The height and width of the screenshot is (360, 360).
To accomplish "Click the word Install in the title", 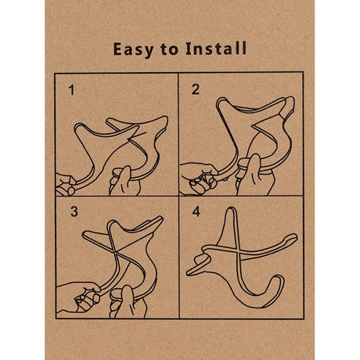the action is [x=216, y=49].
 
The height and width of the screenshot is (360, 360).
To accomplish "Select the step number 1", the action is [x=71, y=90].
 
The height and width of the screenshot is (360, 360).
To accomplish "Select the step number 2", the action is [x=196, y=89].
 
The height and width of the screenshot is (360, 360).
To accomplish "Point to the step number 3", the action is [x=74, y=211].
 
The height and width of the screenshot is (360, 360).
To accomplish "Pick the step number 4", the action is [x=196, y=211].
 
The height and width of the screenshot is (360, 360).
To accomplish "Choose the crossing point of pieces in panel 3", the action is [x=115, y=252].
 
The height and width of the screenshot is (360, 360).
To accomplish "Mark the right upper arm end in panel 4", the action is [x=294, y=236].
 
